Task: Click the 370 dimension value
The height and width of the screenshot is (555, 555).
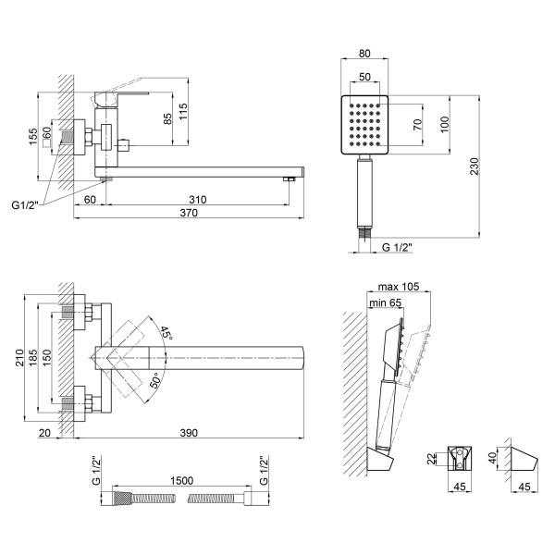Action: point(189,213)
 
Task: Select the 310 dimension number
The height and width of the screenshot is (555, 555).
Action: point(198,200)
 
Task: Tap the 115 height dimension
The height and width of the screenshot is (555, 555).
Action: point(183,112)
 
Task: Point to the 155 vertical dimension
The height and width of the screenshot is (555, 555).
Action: point(32,137)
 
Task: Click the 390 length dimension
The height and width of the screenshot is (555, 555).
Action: point(189,433)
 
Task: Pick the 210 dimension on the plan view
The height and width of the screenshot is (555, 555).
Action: point(19,357)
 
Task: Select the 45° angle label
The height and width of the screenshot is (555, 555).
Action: point(166,333)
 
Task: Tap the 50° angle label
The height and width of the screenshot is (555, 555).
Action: point(155,380)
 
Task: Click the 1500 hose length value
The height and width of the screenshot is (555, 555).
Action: point(182,480)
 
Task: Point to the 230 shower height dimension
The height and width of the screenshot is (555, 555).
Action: point(474,166)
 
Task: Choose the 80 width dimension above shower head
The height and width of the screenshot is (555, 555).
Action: point(364,53)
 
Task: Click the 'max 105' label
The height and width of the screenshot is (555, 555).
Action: point(399,287)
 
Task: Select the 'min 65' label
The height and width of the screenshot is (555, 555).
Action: point(386,302)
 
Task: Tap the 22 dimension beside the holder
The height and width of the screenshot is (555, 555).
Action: point(431,459)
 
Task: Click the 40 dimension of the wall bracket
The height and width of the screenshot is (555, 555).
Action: point(492,458)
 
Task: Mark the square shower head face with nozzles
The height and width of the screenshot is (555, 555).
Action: point(364,125)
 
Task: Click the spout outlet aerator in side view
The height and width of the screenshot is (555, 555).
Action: point(290,179)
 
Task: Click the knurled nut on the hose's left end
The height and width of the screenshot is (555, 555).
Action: point(122,499)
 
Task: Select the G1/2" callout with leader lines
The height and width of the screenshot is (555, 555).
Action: point(24,205)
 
